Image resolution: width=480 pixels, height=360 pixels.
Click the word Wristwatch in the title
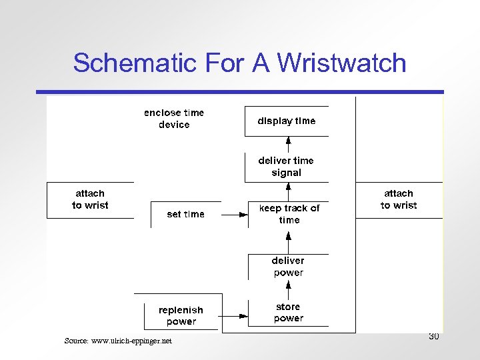[x=341, y=63]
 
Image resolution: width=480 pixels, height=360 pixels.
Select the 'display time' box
[x=287, y=121]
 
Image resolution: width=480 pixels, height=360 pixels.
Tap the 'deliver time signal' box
[x=287, y=167]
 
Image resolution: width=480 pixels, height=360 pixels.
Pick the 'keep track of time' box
[x=289, y=214]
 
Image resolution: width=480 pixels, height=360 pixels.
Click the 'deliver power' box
[x=288, y=267]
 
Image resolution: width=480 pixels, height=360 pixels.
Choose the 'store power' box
[x=288, y=313]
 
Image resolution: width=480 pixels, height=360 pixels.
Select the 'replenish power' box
[x=181, y=315]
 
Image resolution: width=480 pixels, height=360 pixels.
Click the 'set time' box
[x=185, y=214]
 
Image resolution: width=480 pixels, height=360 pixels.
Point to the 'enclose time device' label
[x=174, y=119]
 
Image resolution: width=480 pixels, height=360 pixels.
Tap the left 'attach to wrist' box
[x=90, y=199]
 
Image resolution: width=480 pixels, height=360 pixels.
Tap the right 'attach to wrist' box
[x=399, y=199]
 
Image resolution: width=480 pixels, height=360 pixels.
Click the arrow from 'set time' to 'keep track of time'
[x=234, y=215]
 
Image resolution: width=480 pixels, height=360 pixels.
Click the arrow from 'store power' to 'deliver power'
[x=289, y=290]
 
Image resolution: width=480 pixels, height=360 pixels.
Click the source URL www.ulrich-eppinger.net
[x=118, y=341]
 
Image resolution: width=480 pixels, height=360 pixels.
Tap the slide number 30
[x=433, y=337]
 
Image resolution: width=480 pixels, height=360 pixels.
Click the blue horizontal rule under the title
[x=240, y=92]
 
